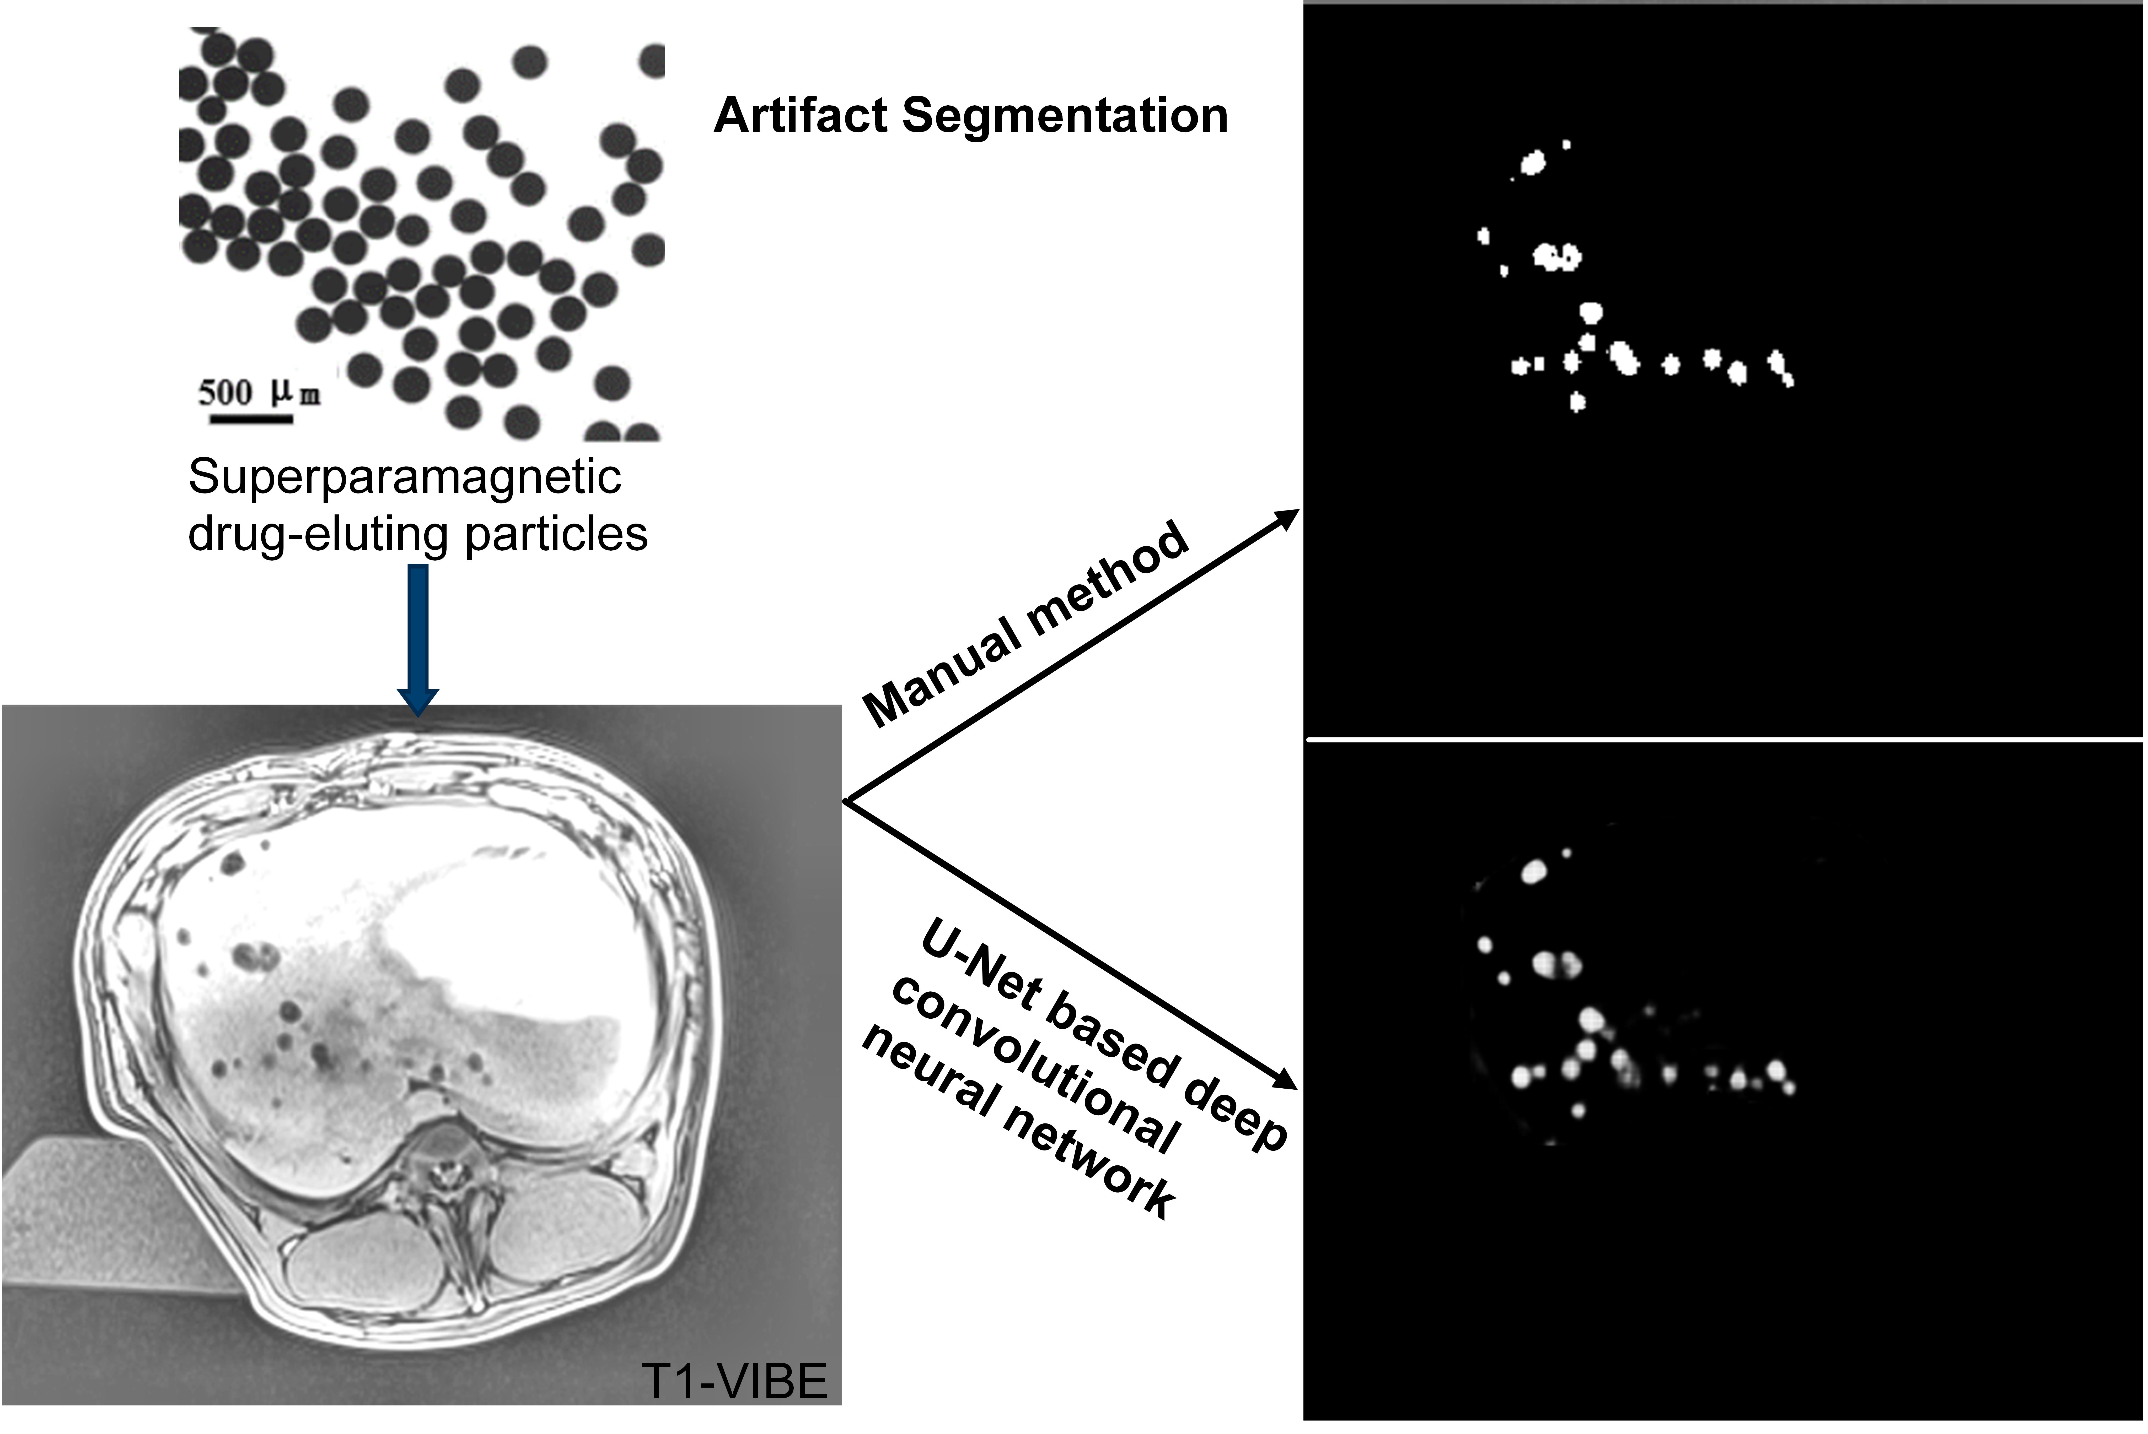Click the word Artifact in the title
click(801, 116)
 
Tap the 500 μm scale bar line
click(251, 420)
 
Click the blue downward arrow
click(418, 640)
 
